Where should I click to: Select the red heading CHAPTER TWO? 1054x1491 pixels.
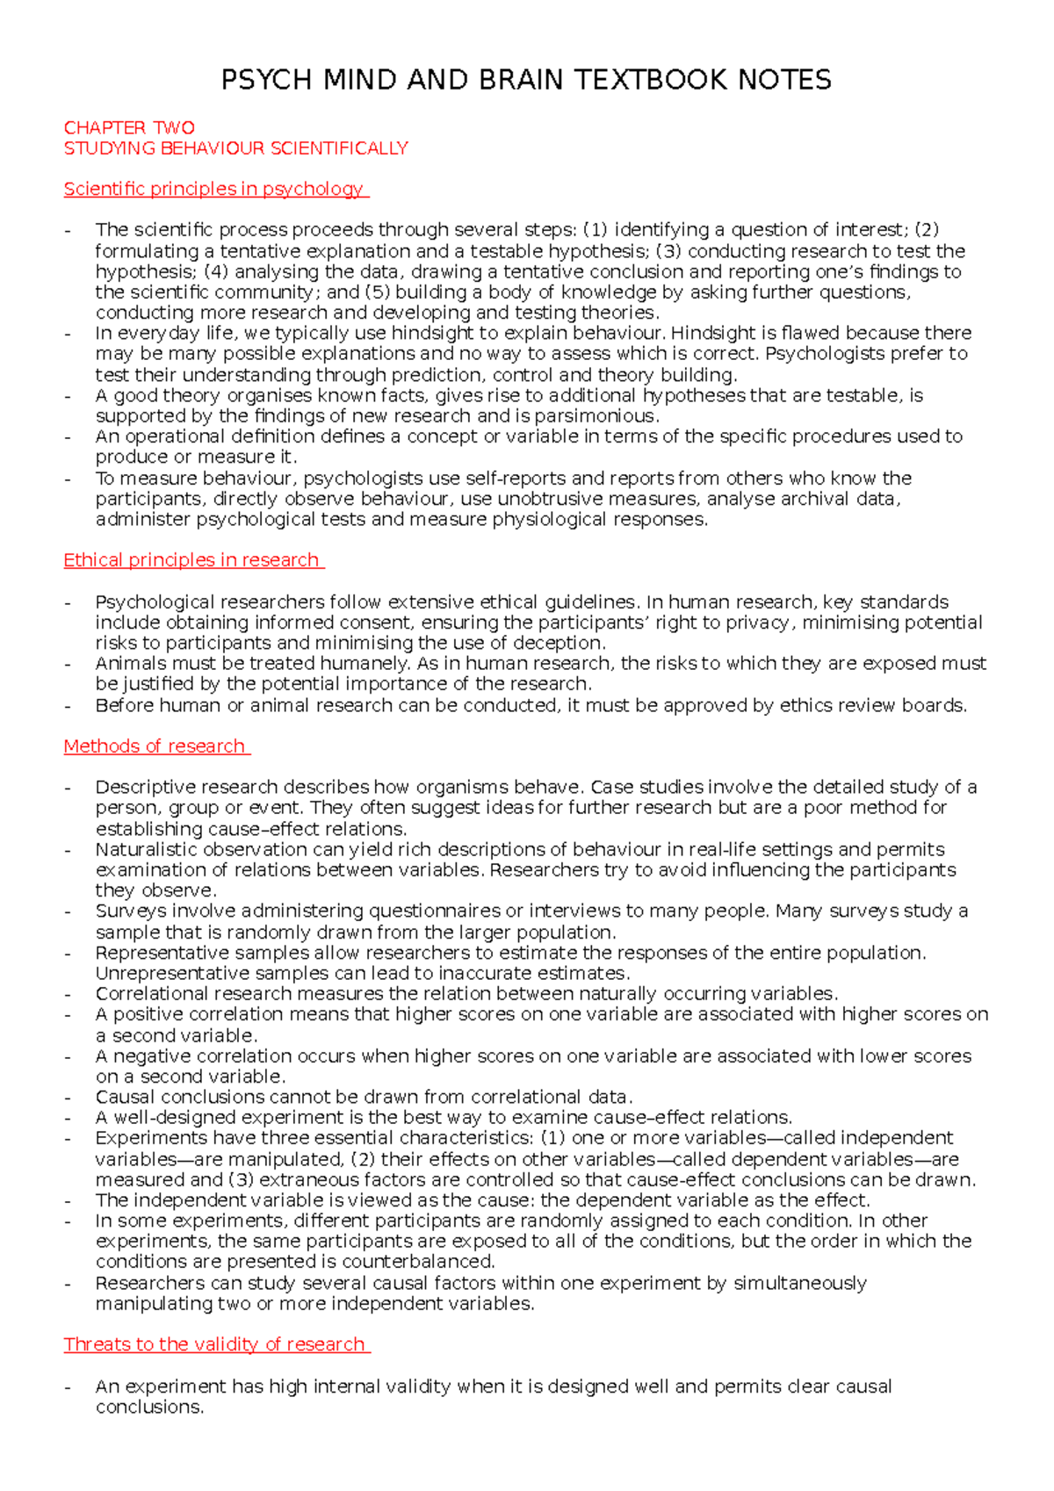point(129,128)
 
